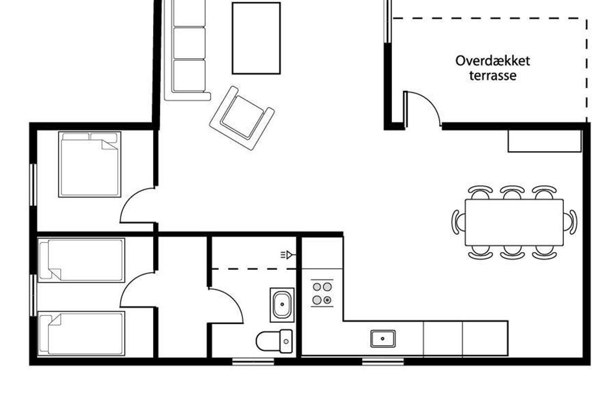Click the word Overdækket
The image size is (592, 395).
(493, 61)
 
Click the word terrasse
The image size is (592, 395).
(493, 76)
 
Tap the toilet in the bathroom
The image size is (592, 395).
(274, 341)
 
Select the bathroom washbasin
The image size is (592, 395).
(282, 305)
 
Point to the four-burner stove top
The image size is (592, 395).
(322, 293)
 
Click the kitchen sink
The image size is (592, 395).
(383, 339)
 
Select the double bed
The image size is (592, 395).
(90, 164)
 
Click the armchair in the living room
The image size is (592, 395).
(242, 118)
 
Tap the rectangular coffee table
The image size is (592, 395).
(256, 39)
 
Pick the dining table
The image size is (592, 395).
(514, 223)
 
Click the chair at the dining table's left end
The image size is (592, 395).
(458, 222)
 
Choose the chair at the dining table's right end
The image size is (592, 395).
(570, 222)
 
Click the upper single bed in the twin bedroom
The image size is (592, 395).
(81, 260)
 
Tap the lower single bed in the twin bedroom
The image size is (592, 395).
(81, 333)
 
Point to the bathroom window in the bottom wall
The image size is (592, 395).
(253, 361)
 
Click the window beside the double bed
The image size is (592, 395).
(33, 185)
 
